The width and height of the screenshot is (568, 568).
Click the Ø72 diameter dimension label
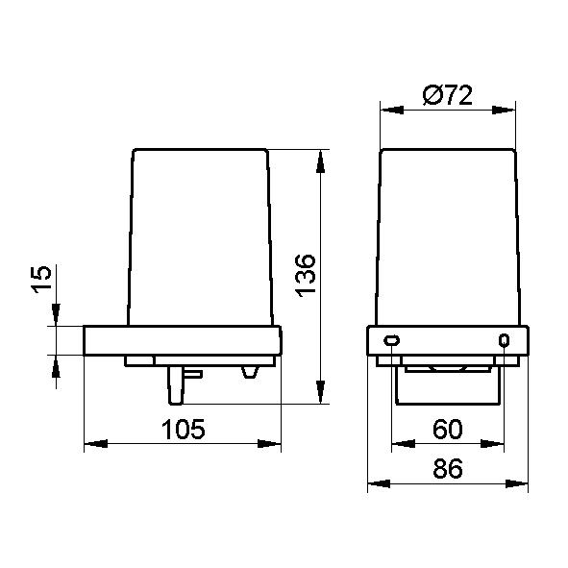(448, 95)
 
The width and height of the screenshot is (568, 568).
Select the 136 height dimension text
(306, 276)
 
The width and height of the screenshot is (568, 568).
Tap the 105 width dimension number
(183, 430)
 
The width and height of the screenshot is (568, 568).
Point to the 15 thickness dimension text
(41, 279)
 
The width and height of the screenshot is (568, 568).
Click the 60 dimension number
(448, 429)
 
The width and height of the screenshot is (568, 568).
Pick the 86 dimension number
(448, 468)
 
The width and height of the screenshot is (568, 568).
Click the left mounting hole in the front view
(391, 340)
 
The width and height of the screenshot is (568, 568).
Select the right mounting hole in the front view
(504, 340)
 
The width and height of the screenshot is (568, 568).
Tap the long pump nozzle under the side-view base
(176, 385)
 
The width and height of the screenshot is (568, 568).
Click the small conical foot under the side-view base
(250, 372)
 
